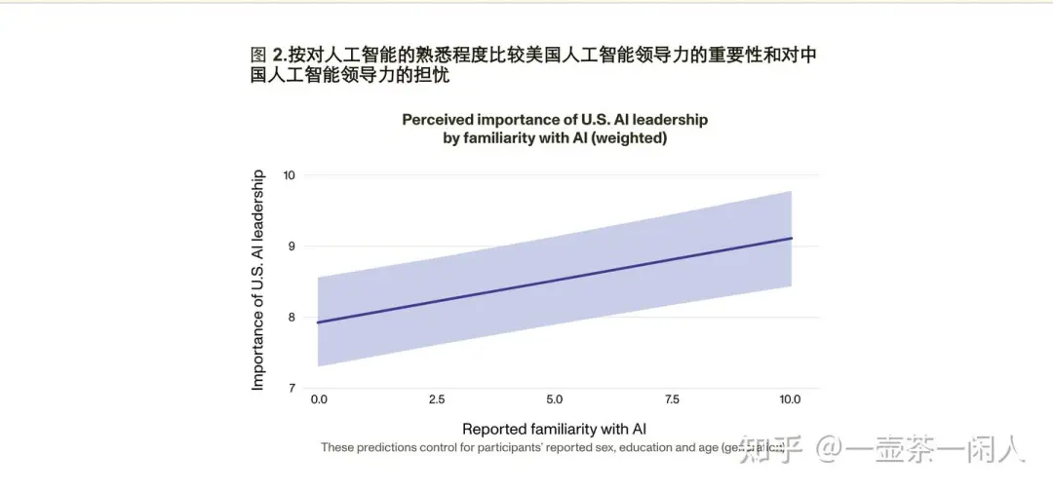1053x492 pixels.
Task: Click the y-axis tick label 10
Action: [290, 175]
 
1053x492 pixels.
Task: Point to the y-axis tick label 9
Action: [292, 246]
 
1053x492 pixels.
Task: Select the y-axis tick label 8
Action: [292, 318]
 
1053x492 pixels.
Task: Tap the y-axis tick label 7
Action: [292, 389]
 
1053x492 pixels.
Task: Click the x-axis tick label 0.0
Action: [319, 399]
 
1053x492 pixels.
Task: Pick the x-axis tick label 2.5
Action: [436, 399]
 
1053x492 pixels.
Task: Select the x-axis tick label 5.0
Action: [554, 399]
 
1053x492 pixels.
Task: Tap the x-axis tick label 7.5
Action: [672, 399]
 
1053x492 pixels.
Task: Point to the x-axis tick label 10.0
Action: [790, 399]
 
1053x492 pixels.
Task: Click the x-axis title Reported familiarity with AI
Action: [554, 429]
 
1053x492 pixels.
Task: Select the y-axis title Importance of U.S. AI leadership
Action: [258, 281]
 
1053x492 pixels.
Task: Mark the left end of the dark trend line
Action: [318, 322]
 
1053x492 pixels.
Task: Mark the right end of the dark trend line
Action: [792, 238]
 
